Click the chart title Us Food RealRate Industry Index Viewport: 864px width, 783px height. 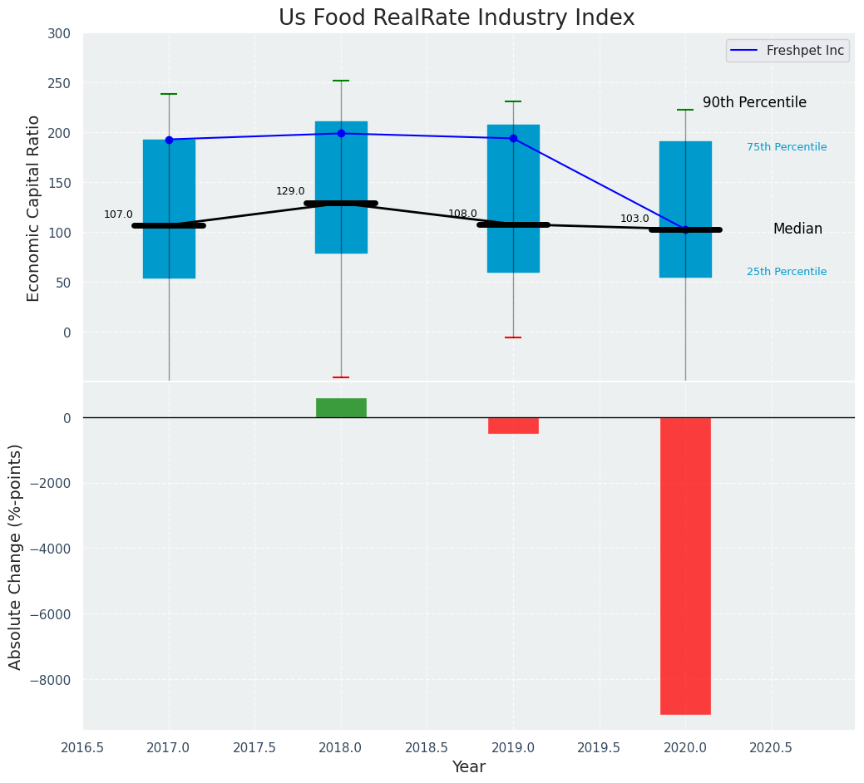(457, 18)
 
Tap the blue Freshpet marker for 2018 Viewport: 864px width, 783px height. (341, 133)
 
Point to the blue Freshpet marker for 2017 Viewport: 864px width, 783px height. (169, 140)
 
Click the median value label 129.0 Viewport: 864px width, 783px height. (290, 191)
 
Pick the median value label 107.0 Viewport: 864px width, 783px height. (118, 214)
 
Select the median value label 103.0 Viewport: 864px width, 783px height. (634, 219)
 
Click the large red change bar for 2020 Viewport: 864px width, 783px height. (685, 565)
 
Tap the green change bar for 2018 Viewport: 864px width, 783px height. (341, 408)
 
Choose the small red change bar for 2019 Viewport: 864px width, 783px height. (513, 426)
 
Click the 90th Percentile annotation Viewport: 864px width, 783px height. (754, 102)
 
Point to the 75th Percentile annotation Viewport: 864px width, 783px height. (787, 147)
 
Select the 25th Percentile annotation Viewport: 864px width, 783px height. (787, 272)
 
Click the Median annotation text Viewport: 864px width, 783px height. (797, 229)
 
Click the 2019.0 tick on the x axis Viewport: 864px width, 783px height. (513, 747)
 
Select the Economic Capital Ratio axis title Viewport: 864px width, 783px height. (34, 208)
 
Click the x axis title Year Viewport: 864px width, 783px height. (468, 767)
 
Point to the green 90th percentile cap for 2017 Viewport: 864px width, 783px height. (169, 94)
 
